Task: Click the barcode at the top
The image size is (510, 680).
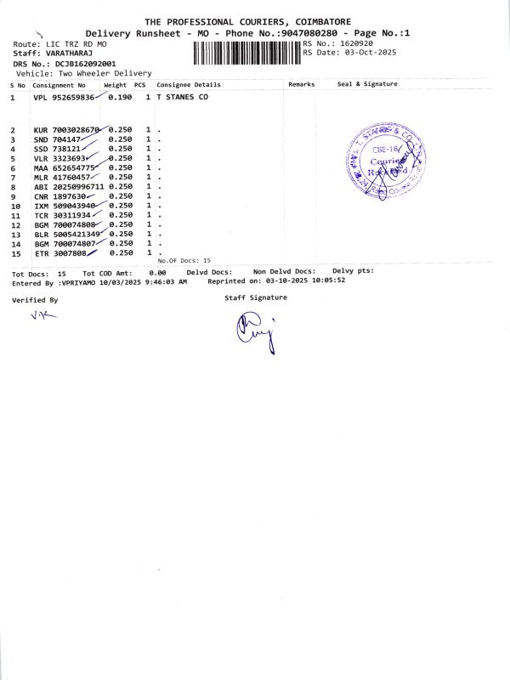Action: (247, 53)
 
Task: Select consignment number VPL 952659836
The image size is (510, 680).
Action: (64, 98)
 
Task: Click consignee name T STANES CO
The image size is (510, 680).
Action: (182, 98)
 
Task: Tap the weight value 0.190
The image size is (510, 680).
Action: (120, 98)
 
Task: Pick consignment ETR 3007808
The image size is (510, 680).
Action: (60, 253)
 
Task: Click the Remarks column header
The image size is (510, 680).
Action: (302, 84)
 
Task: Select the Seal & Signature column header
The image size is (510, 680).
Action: (367, 84)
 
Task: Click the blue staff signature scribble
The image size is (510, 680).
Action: (254, 331)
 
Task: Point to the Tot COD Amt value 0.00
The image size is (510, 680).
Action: (157, 273)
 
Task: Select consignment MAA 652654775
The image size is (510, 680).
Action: (64, 167)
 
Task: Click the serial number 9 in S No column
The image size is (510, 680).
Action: (14, 195)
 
